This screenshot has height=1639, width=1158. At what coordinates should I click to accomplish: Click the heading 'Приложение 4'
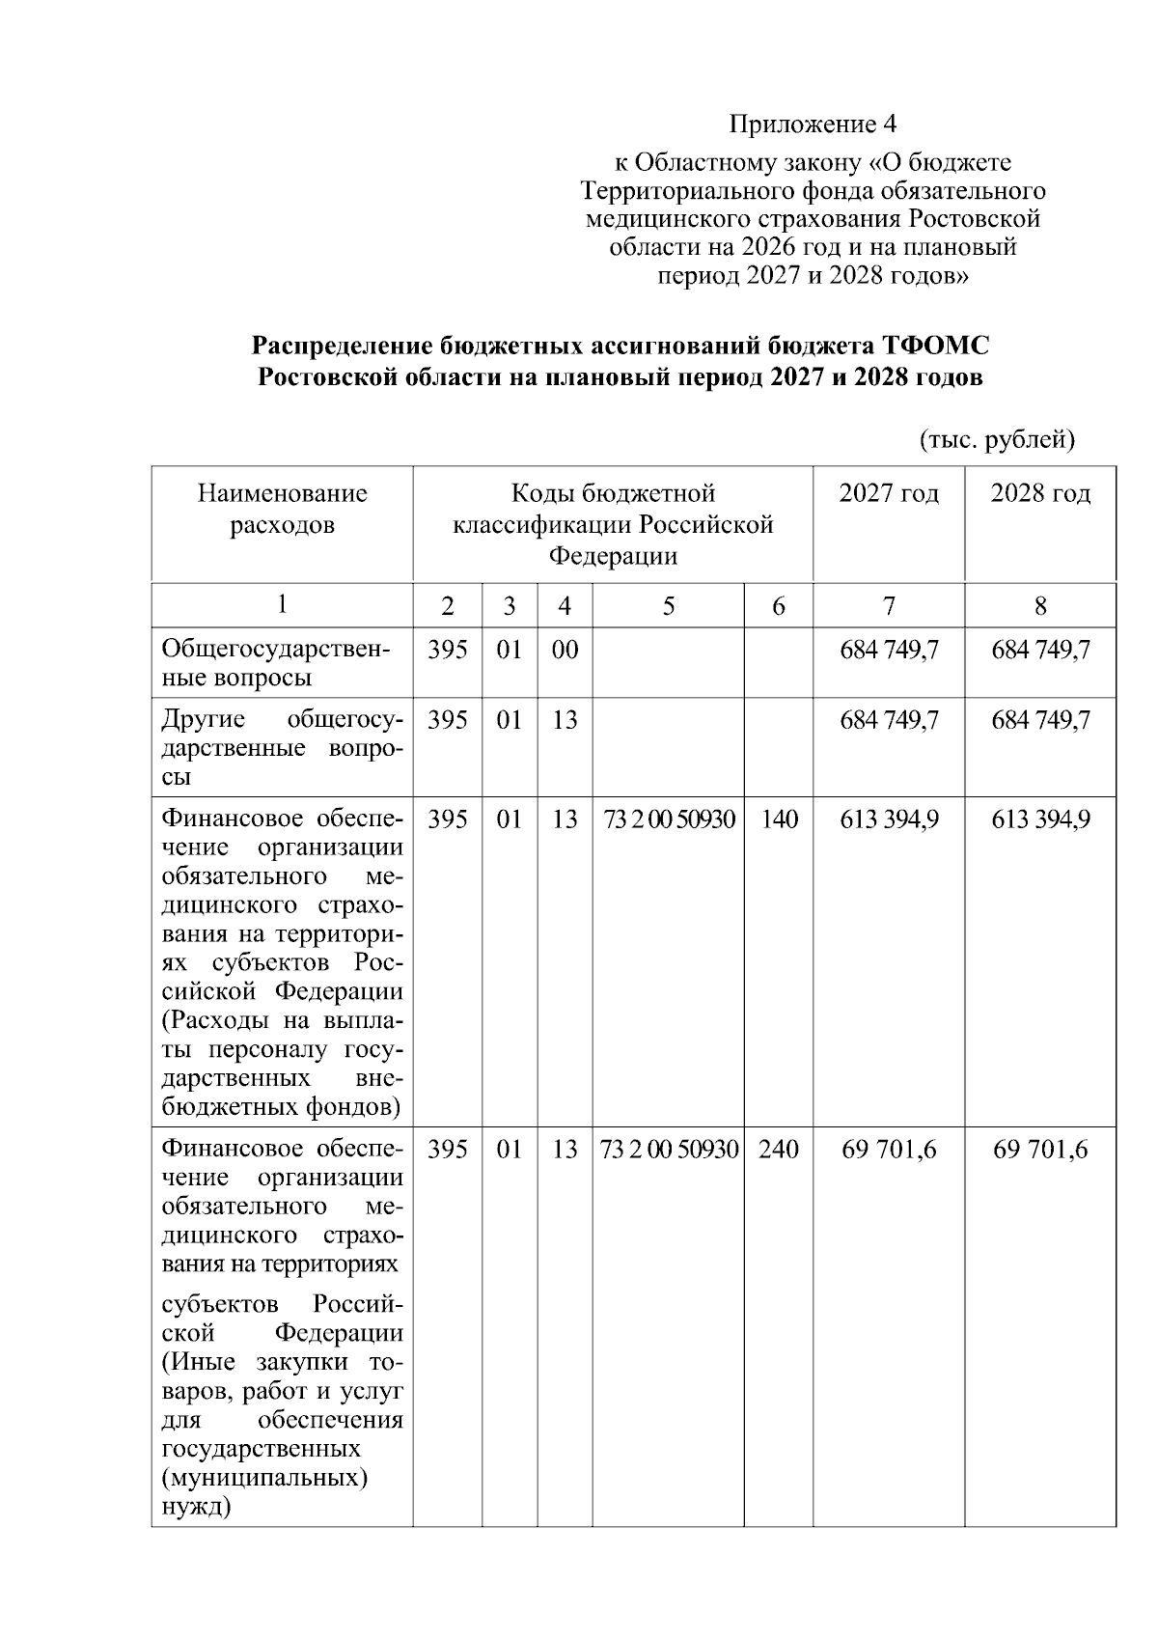tap(813, 124)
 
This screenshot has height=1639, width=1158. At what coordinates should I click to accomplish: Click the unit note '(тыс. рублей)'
tap(997, 440)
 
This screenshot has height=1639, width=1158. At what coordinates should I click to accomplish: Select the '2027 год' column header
tap(888, 494)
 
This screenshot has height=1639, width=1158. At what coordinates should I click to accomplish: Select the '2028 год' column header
tap(1040, 494)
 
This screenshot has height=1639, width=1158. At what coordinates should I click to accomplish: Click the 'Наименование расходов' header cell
tap(282, 510)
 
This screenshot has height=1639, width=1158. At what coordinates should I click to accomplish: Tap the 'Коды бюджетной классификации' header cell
tap(613, 524)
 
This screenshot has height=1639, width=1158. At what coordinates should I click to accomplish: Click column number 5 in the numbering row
tap(668, 606)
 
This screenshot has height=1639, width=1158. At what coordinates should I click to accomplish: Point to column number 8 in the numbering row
tap(1040, 606)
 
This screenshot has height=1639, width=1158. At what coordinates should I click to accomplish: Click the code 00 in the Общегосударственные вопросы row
tap(565, 650)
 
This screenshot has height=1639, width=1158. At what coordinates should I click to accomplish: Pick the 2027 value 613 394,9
tap(889, 819)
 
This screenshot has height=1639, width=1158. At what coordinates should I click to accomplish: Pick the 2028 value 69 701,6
tap(1040, 1150)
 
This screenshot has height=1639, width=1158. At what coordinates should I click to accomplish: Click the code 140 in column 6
tap(778, 819)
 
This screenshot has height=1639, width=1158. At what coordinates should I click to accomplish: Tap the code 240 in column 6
tap(778, 1150)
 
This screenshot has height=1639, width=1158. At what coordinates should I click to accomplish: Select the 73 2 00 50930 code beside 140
tap(669, 819)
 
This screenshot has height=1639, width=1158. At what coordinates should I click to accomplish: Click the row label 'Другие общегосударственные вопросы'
tap(282, 748)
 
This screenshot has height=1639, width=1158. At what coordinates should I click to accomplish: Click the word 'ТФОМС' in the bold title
tap(935, 346)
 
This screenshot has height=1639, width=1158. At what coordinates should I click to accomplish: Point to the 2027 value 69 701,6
tap(889, 1150)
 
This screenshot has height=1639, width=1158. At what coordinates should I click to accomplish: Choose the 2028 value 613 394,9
tap(1040, 819)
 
